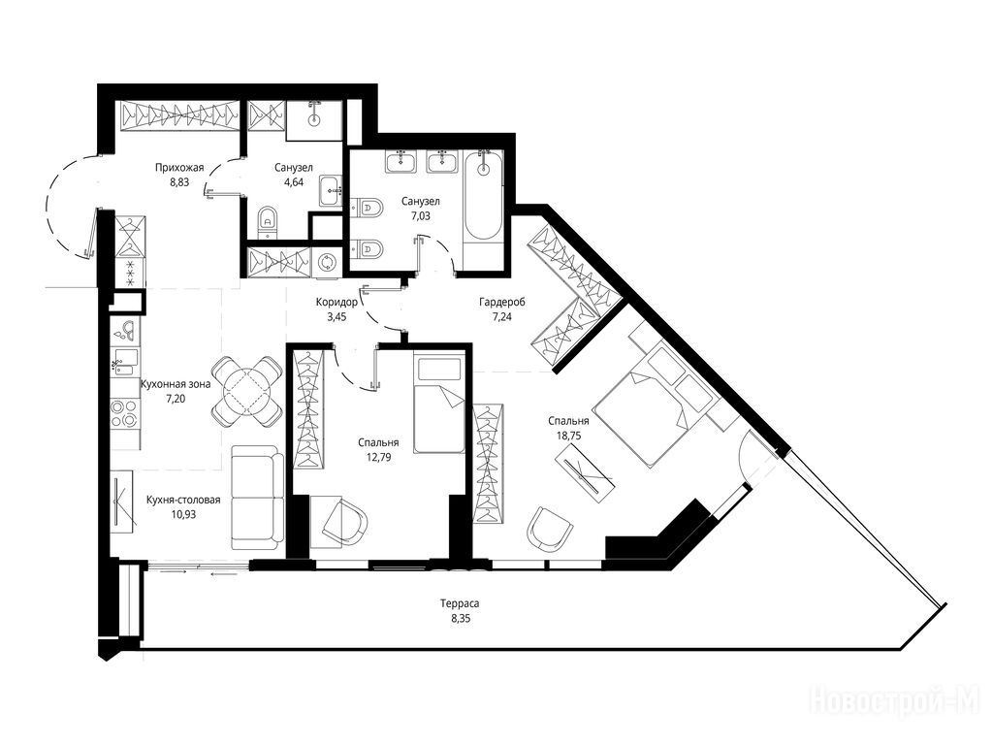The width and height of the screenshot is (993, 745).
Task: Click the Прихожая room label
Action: (179, 168)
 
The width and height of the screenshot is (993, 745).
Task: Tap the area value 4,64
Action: (294, 182)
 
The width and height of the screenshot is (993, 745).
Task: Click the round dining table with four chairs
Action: (247, 391)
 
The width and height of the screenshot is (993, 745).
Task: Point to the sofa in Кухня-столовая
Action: (257, 498)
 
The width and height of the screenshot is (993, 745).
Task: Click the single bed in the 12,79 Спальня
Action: (439, 404)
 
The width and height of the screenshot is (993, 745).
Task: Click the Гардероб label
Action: (502, 303)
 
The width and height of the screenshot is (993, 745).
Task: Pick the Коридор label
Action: (336, 303)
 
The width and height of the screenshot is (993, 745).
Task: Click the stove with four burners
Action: (125, 414)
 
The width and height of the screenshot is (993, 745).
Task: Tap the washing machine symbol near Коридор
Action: (328, 262)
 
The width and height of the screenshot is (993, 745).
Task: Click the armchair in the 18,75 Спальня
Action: (550, 528)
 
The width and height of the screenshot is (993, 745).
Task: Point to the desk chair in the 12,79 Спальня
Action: (345, 521)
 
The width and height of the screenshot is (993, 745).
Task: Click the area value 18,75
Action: (568, 436)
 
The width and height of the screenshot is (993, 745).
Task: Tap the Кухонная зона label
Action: (176, 384)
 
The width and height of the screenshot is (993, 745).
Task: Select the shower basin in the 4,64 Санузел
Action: (314, 120)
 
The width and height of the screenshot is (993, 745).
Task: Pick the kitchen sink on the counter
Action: (125, 363)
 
